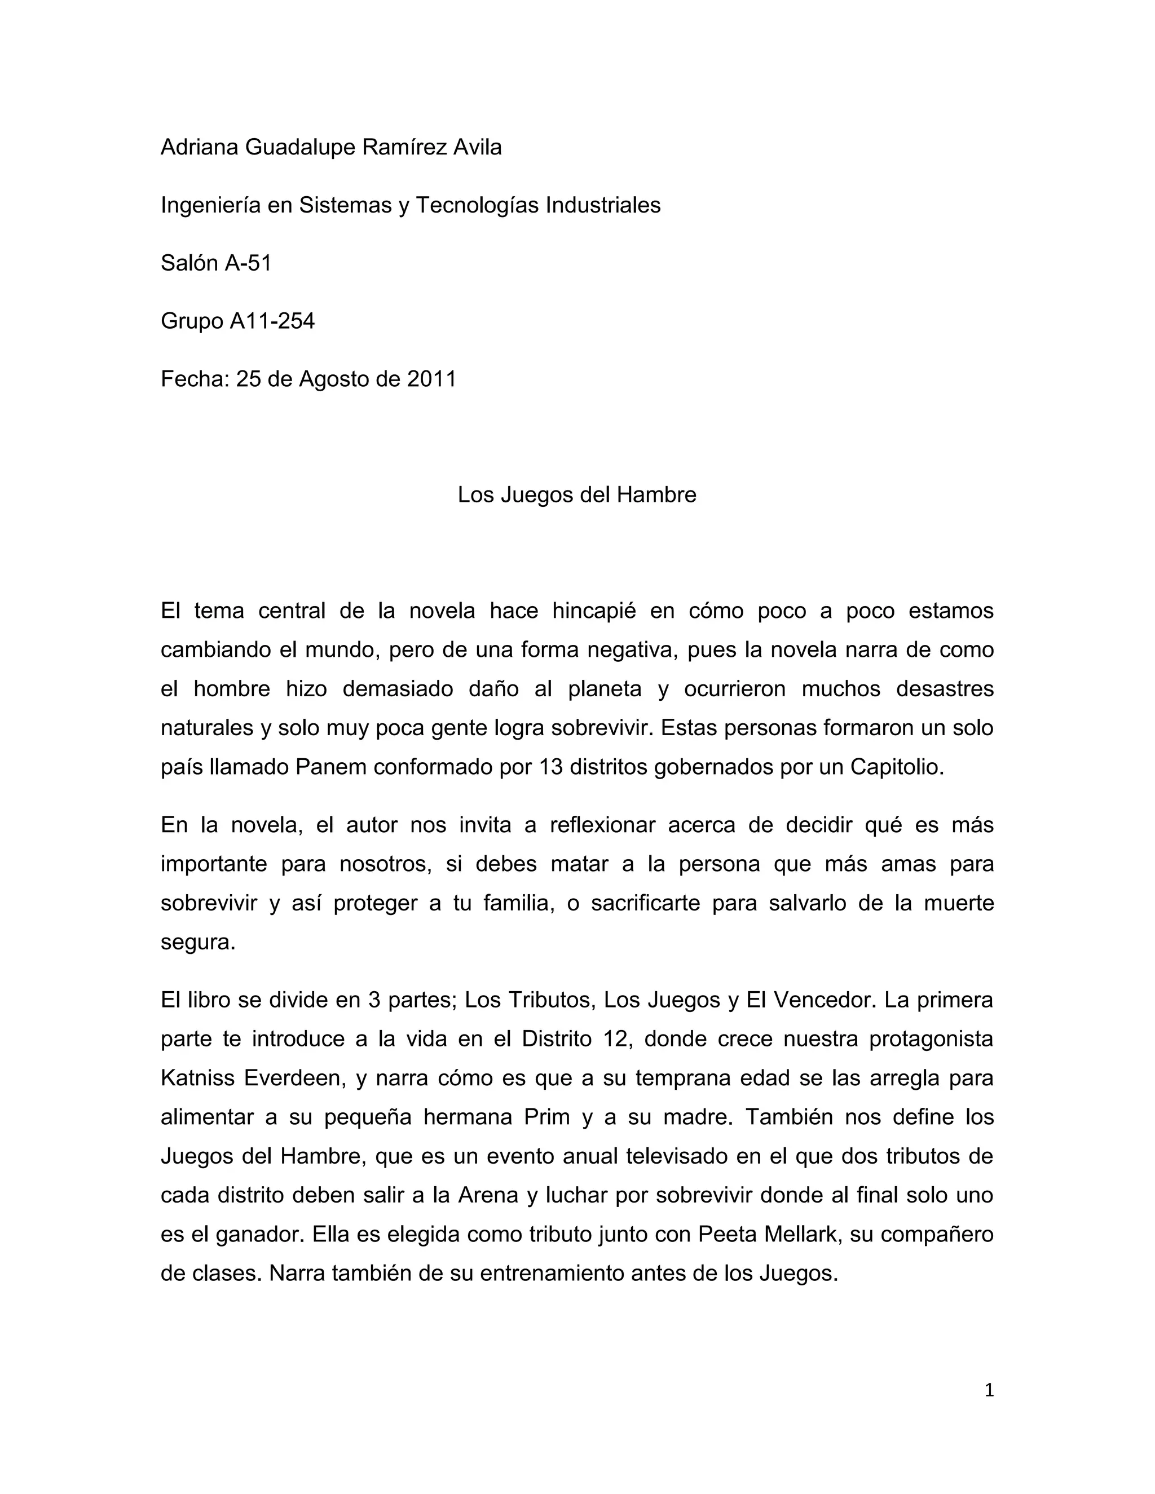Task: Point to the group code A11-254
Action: click(272, 321)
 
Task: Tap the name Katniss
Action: click(197, 1078)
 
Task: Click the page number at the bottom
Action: click(989, 1390)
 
